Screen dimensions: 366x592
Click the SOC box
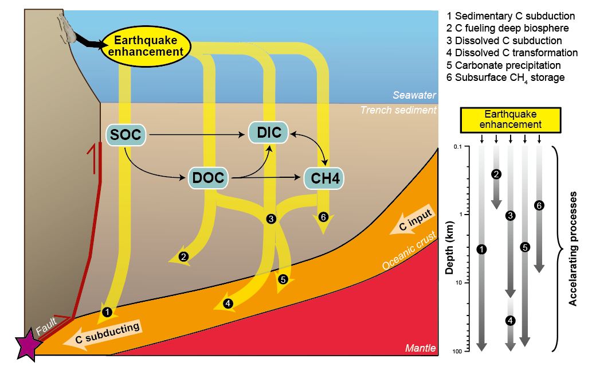pos(125,135)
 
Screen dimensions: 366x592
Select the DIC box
pos(269,133)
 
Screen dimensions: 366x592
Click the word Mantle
pos(420,348)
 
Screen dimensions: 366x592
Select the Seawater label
pos(414,95)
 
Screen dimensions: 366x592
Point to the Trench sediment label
pos(398,110)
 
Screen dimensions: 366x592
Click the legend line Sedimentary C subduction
pos(510,16)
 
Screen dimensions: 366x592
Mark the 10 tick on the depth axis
pos(457,283)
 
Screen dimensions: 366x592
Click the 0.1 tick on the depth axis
pos(457,147)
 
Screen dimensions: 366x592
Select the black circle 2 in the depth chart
pos(497,174)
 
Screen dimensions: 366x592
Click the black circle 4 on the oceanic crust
pos(228,303)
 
